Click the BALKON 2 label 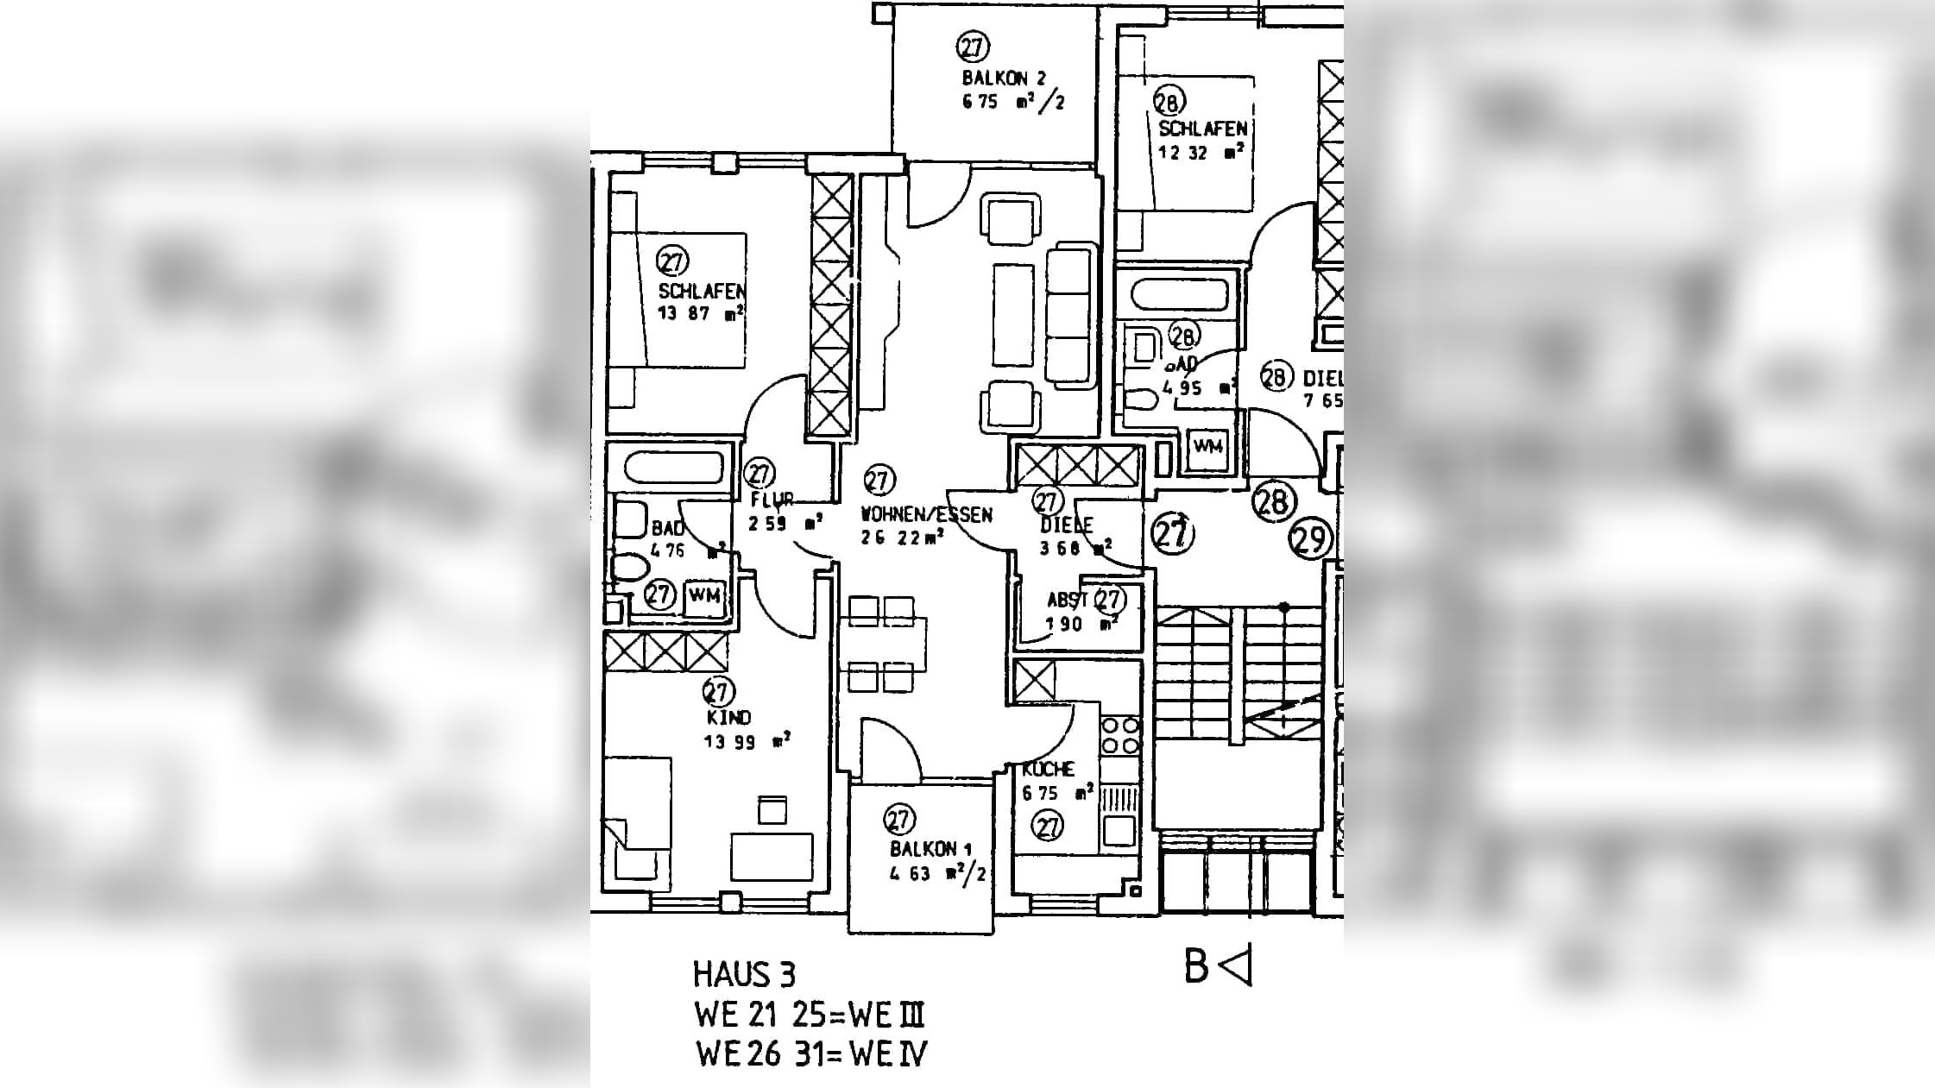1004,79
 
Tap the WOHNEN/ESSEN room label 926,515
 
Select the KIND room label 728,717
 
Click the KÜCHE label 1048,769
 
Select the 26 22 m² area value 901,538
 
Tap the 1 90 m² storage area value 1081,623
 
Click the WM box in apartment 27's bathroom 704,595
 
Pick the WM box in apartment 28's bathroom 1207,446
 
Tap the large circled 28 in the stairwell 1273,502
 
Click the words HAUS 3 743,975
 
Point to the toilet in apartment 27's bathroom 631,568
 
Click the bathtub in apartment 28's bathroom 1179,295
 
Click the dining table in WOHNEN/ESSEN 882,644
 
